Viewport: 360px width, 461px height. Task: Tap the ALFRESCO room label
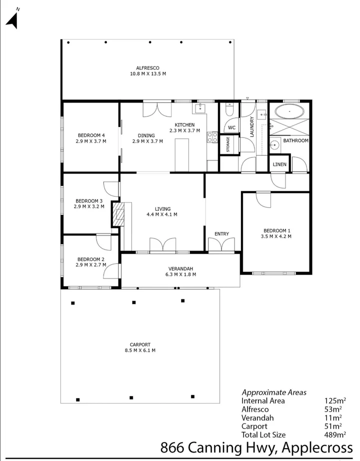pos(147,68)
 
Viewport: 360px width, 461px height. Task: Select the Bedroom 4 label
pos(91,135)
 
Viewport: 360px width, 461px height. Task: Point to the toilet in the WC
pos(228,110)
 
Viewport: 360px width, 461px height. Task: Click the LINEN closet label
pos(279,164)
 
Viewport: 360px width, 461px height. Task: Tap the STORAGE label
pos(228,144)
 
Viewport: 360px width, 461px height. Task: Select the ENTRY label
pos(221,234)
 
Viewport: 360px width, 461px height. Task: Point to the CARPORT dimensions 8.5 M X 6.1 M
pos(140,350)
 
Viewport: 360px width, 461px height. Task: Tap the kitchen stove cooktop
pos(212,136)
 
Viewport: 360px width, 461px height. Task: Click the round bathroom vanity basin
pos(274,145)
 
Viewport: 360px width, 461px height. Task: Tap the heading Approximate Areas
pos(274,392)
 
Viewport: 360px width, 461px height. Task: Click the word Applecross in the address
pos(320,447)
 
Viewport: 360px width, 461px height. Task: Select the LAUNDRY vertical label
pos(252,127)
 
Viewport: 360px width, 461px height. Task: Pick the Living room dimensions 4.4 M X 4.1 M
pos(162,214)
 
